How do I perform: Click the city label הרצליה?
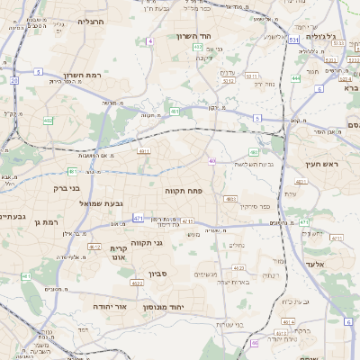click(91, 21)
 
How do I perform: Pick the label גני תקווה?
click(146, 243)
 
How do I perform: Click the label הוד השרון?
click(217, 36)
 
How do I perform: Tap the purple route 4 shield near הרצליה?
click(150, 41)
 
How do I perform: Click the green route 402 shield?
click(48, 120)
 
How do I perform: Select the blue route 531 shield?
click(293, 40)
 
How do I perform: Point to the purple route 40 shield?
click(212, 161)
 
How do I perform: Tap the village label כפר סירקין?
click(255, 207)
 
